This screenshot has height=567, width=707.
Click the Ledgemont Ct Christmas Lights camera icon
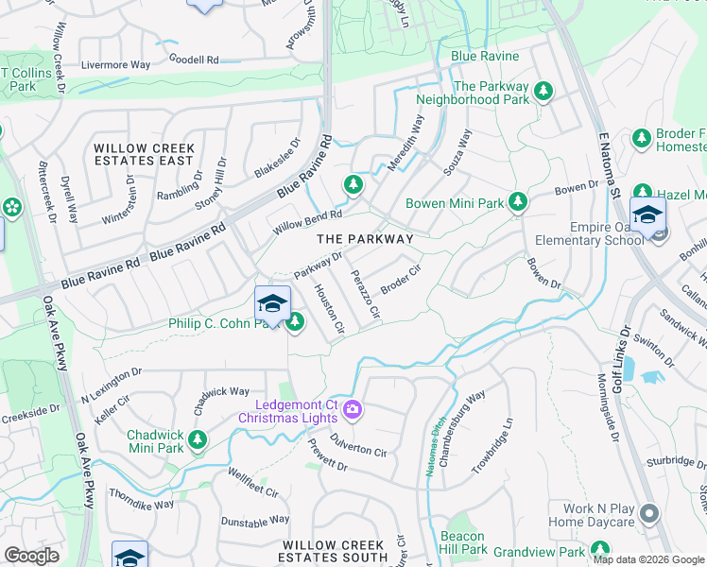pyautogui.click(x=352, y=409)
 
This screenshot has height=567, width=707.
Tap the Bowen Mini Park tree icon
pyautogui.click(x=517, y=201)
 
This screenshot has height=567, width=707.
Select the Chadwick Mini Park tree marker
pyautogui.click(x=197, y=439)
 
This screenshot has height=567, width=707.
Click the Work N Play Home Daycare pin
pyautogui.click(x=648, y=513)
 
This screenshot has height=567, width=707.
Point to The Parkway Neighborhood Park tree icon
pyautogui.click(x=543, y=92)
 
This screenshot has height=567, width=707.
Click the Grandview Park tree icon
pyautogui.click(x=599, y=549)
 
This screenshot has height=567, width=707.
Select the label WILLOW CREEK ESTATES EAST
pyautogui.click(x=144, y=155)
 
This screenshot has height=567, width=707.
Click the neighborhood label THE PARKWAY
pyautogui.click(x=364, y=239)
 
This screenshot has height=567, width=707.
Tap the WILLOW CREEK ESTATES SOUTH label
pyautogui.click(x=334, y=552)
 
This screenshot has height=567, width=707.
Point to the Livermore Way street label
pyautogui.click(x=115, y=65)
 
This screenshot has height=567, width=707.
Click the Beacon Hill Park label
pyautogui.click(x=463, y=542)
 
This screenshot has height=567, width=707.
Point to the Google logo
pyautogui.click(x=31, y=556)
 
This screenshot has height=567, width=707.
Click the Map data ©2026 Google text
pyautogui.click(x=648, y=559)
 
